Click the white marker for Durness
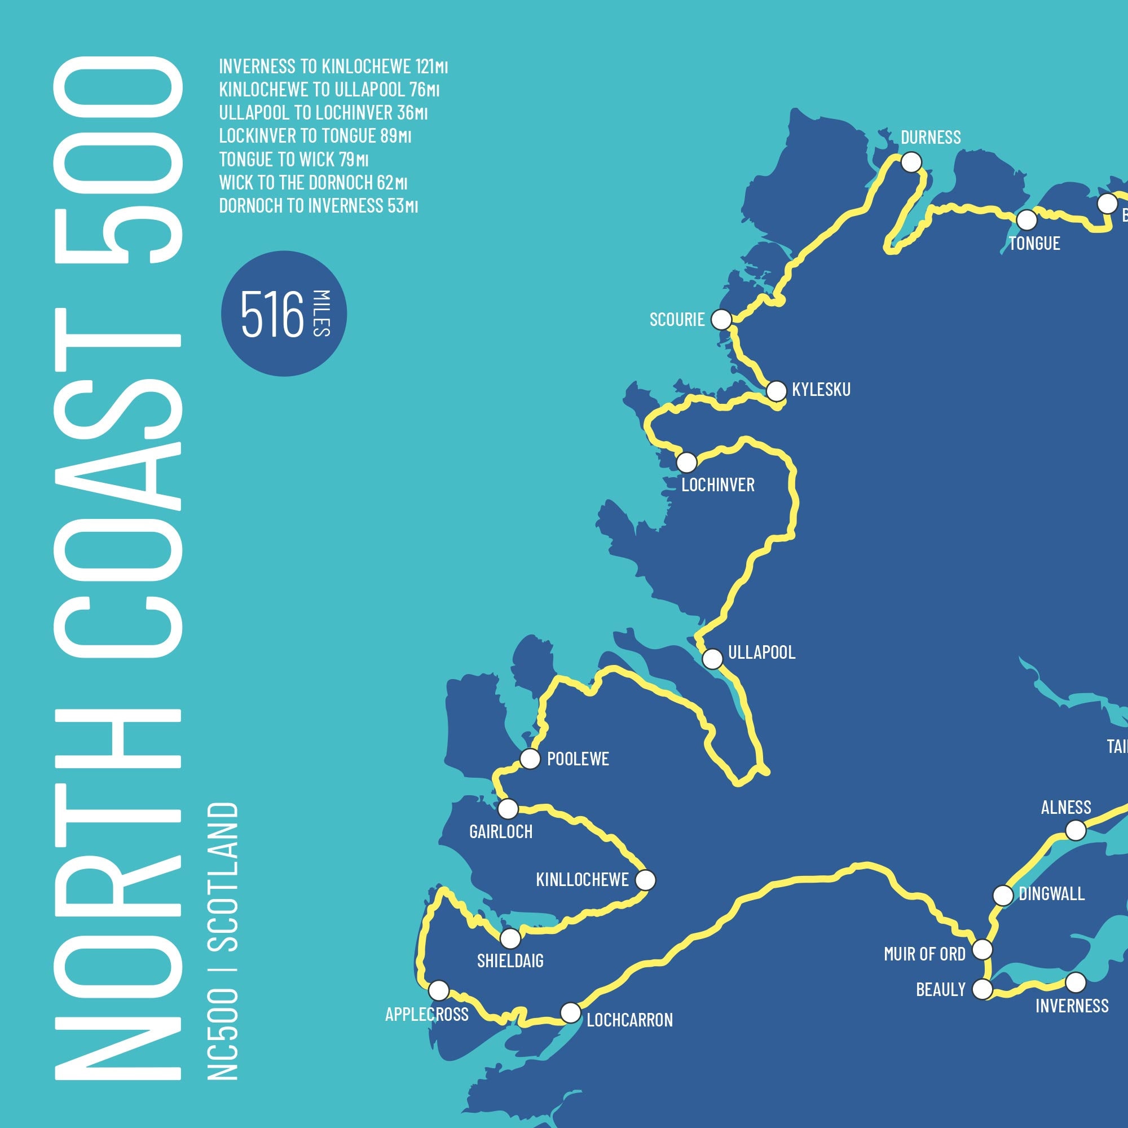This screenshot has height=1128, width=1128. (911, 161)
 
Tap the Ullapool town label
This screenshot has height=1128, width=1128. (761, 652)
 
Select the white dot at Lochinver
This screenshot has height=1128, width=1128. (686, 462)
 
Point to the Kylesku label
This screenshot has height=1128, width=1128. (821, 389)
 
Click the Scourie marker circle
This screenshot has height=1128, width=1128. (722, 319)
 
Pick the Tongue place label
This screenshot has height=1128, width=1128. (1034, 243)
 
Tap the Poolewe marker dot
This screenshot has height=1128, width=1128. (530, 759)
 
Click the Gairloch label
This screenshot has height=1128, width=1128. (501, 831)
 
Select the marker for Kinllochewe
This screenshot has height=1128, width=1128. (645, 880)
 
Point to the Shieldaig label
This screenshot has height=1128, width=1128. (510, 960)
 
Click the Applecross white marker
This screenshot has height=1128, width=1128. (438, 990)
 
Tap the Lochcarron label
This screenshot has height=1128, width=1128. (629, 1020)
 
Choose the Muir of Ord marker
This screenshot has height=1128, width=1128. (982, 949)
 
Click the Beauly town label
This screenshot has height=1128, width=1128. (941, 990)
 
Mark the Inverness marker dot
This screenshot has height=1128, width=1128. (1076, 982)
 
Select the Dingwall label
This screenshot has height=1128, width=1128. (1051, 894)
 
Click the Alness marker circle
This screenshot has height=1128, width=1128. (1076, 830)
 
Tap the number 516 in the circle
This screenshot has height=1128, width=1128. (272, 315)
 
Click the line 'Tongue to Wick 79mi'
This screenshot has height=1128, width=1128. (294, 159)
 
